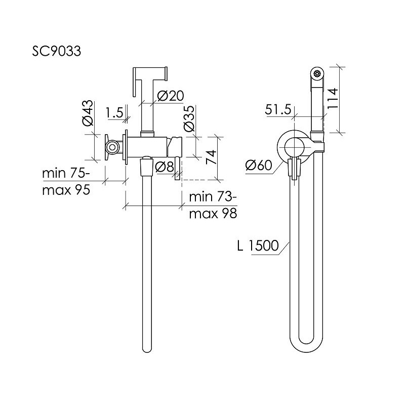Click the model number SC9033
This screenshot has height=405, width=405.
click(x=56, y=51)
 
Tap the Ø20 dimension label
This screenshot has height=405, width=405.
click(x=171, y=96)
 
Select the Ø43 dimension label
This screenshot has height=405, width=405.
click(x=88, y=113)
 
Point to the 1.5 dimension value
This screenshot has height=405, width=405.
click(x=115, y=112)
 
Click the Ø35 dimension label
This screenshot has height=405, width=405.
click(x=189, y=118)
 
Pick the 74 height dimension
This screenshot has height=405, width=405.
click(x=211, y=157)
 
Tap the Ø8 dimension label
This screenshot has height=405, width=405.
click(x=165, y=167)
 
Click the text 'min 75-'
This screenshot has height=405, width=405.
click(x=66, y=173)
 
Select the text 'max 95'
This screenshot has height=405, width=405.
click(x=66, y=190)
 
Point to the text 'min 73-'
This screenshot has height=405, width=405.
click(x=213, y=197)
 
